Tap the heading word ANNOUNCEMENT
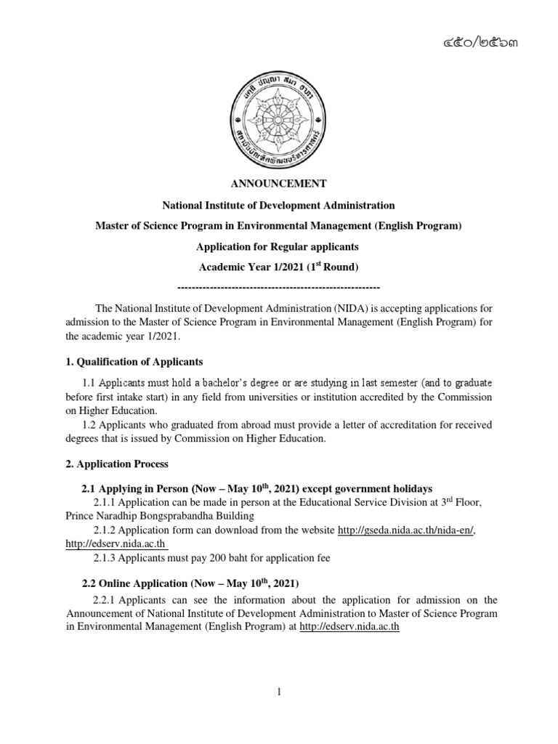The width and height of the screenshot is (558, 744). (278, 183)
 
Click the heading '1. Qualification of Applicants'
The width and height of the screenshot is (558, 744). (142, 361)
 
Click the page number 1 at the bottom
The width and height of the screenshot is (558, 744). (278, 692)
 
